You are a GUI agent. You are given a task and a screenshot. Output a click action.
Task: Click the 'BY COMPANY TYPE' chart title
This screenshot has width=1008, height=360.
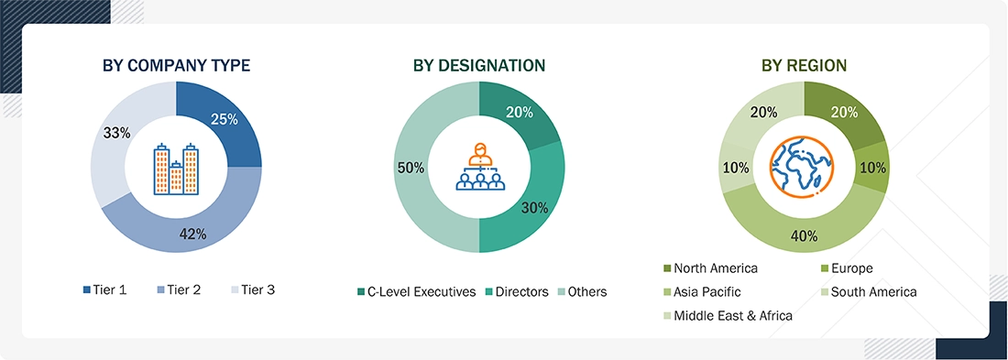176,66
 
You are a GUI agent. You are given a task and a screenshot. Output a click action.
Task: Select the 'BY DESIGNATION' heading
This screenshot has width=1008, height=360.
479,66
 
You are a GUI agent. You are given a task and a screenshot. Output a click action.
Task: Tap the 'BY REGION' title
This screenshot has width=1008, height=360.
804,66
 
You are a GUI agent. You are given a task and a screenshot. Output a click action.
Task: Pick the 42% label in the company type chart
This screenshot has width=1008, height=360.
192,235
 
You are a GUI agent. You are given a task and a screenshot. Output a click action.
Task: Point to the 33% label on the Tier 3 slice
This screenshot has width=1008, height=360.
116,133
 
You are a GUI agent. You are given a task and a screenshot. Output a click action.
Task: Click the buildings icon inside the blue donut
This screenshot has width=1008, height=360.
176,169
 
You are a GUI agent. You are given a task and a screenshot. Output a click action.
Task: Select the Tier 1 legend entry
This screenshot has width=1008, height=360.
104,290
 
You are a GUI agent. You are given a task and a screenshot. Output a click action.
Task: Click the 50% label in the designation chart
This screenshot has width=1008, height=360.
411,169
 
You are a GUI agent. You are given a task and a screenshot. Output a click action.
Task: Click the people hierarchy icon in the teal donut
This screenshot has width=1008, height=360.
479,167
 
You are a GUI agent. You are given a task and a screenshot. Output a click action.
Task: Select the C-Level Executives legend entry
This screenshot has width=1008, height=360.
417,292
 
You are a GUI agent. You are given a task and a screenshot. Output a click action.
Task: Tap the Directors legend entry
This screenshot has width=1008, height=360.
518,292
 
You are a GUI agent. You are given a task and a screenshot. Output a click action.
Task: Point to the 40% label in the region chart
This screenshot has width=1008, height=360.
804,236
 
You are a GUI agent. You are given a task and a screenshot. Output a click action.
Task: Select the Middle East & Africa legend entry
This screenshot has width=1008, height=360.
728,316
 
